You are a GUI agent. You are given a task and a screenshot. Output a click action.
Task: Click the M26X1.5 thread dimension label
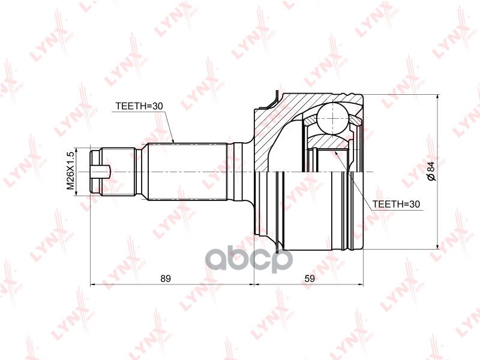pyautogui.click(x=71, y=171)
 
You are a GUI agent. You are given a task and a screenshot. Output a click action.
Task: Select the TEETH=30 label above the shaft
pyautogui.click(x=139, y=106)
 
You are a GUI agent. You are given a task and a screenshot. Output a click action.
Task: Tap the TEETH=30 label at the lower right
pyautogui.click(x=396, y=204)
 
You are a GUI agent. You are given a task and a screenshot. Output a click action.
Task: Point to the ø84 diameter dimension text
pyautogui.click(x=431, y=172)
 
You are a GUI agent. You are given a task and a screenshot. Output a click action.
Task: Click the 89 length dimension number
pyautogui.click(x=166, y=278)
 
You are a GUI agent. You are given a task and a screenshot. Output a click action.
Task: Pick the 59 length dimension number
pyautogui.click(x=310, y=278)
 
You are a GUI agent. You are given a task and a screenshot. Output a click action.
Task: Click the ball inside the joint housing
pyautogui.click(x=332, y=118)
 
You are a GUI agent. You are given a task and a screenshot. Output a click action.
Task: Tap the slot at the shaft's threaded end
pyautogui.click(x=100, y=172)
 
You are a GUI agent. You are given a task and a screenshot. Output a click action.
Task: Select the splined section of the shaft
pyautogui.click(x=187, y=172)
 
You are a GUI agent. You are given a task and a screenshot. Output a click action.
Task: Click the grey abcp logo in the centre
pyautogui.click(x=248, y=260)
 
